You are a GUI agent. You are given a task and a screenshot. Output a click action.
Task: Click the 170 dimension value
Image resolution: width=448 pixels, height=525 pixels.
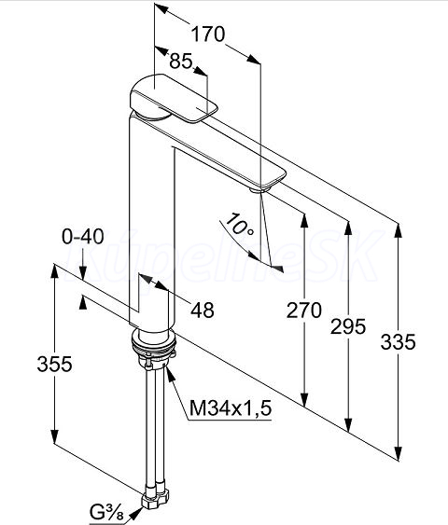click(208, 35)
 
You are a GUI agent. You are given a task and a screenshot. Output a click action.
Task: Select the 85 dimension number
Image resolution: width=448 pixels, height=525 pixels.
click(181, 62)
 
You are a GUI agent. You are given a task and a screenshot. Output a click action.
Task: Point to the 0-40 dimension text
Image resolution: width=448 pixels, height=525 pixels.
click(83, 237)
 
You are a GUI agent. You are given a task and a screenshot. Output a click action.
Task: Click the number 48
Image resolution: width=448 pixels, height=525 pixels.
click(203, 310)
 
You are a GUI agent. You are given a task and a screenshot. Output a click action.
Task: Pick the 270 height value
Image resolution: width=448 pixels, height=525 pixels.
click(304, 311)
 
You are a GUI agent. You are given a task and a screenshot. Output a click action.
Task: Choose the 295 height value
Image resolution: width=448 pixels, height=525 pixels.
click(348, 326)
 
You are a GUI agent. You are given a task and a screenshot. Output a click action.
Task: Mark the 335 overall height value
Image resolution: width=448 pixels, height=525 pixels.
click(399, 342)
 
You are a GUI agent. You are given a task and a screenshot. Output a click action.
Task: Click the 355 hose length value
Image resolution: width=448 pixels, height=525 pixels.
click(55, 364)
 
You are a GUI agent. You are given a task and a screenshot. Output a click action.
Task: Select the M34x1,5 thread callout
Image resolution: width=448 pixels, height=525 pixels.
click(231, 408)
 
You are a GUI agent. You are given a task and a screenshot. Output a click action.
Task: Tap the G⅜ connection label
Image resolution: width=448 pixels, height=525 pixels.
click(105, 513)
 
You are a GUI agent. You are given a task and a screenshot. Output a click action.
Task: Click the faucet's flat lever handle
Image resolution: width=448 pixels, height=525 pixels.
click(174, 98)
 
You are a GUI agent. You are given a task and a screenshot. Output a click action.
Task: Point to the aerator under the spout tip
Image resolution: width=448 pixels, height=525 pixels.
click(259, 190)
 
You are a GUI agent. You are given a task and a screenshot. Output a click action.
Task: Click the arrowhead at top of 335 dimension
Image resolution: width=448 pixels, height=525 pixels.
click(399, 230)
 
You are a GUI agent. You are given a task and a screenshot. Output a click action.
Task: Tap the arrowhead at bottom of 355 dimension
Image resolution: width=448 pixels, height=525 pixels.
click(55, 436)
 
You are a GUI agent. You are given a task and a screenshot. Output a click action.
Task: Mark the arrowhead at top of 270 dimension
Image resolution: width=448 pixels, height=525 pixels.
click(304, 221)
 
